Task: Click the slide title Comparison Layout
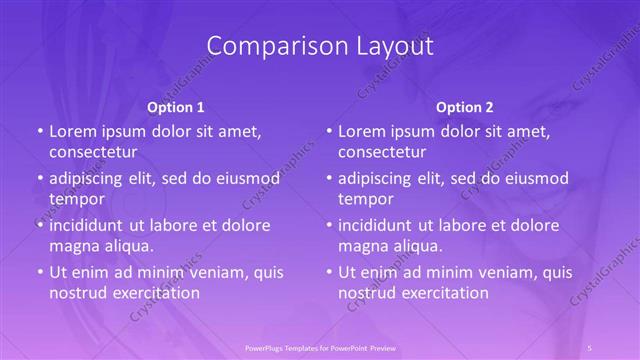tap(320, 46)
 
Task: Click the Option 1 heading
tap(176, 107)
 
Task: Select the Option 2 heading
tap(465, 107)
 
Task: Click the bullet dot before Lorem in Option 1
tap(39, 132)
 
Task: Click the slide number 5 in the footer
tap(590, 347)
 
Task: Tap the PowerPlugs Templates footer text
tap(320, 347)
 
